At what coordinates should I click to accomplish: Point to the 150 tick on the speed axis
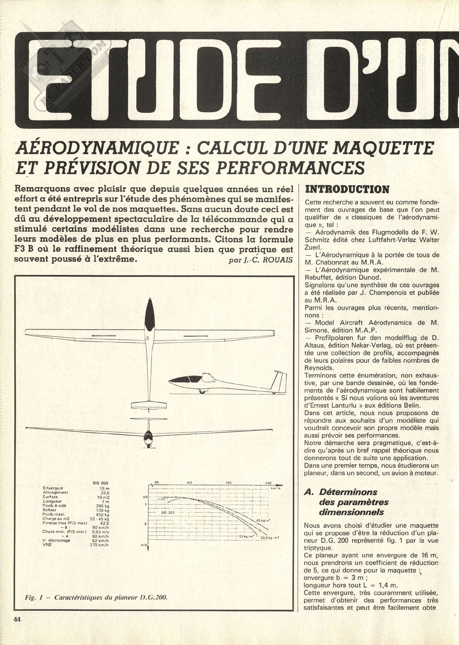point(228,483)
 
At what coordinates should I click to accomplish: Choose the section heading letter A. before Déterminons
point(308,492)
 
